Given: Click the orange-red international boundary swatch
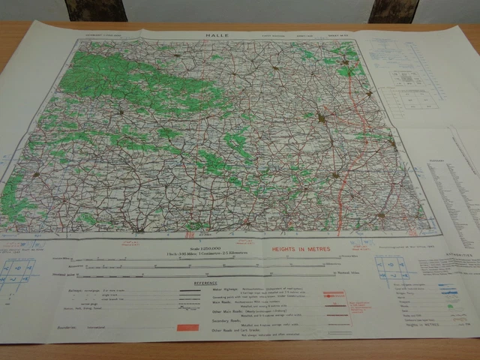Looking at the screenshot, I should [187, 328].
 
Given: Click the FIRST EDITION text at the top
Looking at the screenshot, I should [265, 34].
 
